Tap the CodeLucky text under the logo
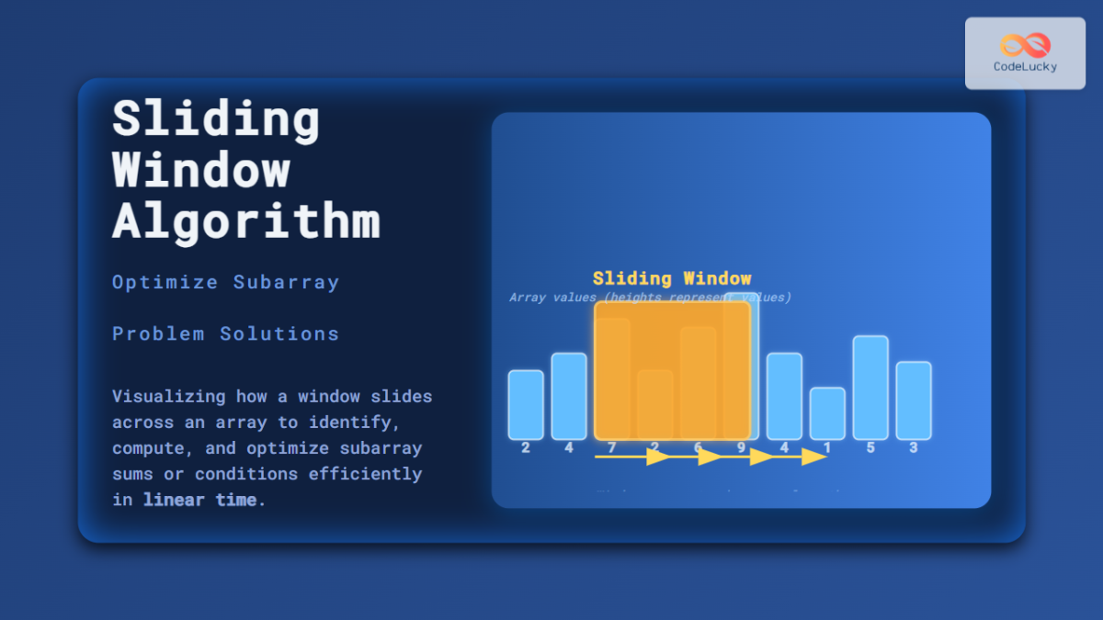[x=1025, y=66]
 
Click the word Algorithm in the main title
[x=245, y=220]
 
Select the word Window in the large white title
[x=200, y=170]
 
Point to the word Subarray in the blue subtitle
[x=286, y=282]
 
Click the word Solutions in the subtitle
[x=279, y=333]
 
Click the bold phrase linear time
[x=200, y=501]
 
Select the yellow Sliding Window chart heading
[x=671, y=278]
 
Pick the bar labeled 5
[x=870, y=387]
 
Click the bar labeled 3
[x=914, y=400]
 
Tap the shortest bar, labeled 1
[x=827, y=412]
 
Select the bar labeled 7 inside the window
[x=612, y=378]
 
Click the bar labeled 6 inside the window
[x=698, y=382]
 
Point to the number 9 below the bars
[x=741, y=448]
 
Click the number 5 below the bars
[x=870, y=448]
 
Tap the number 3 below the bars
[x=914, y=448]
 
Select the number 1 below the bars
[x=827, y=448]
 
